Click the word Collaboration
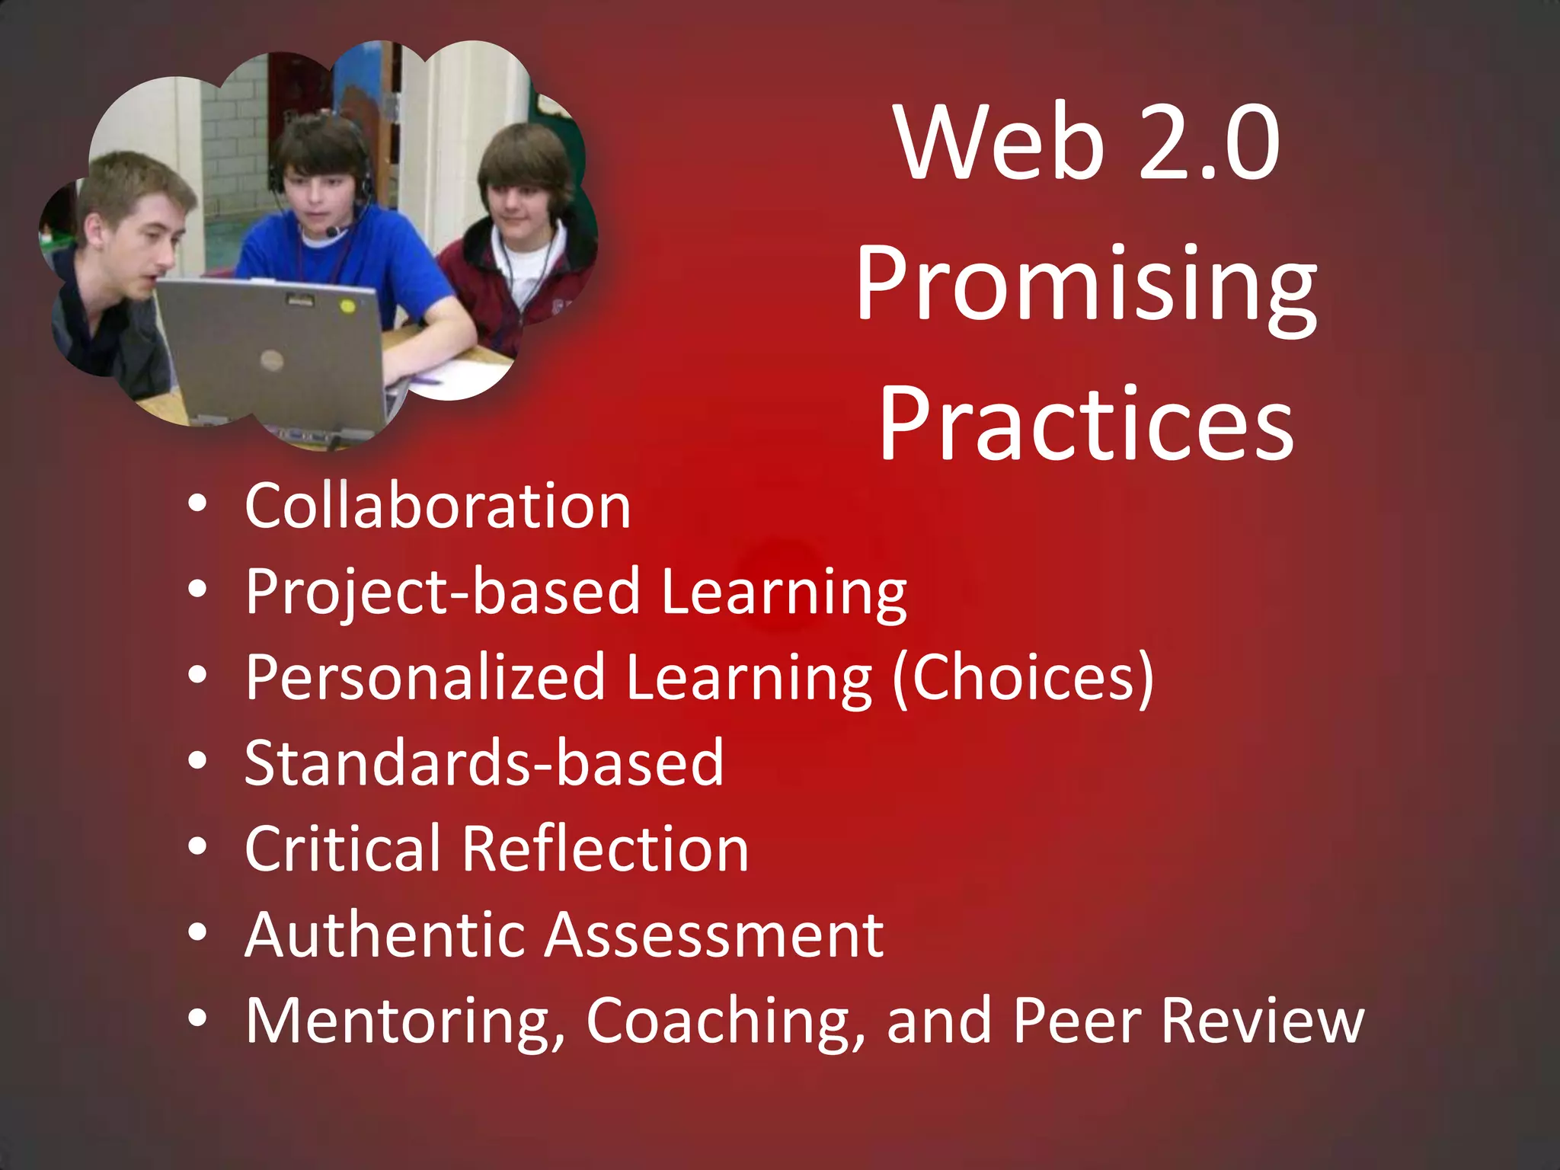click(438, 506)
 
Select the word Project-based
click(443, 593)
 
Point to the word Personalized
click(425, 678)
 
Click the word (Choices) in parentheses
click(1023, 678)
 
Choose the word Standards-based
click(484, 763)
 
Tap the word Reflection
click(606, 849)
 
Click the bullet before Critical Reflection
click(198, 849)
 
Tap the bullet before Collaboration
click(198, 504)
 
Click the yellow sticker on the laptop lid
click(347, 306)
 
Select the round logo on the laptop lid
click(272, 360)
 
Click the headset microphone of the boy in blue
click(332, 232)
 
